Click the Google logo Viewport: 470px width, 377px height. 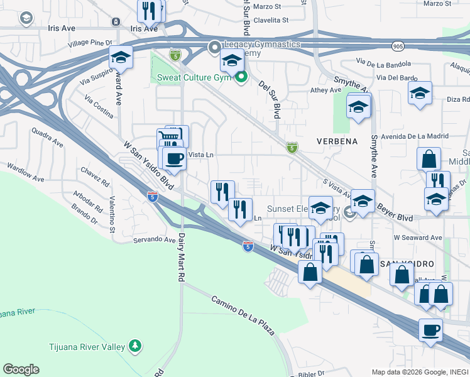21,369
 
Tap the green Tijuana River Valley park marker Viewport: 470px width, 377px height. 134,346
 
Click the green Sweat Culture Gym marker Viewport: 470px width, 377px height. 241,77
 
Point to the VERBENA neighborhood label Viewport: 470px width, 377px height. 337,141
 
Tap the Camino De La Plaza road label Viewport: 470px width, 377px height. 243,314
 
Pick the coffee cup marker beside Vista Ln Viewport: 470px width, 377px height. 175,158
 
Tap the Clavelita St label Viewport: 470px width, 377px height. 271,19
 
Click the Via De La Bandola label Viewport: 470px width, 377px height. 383,62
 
